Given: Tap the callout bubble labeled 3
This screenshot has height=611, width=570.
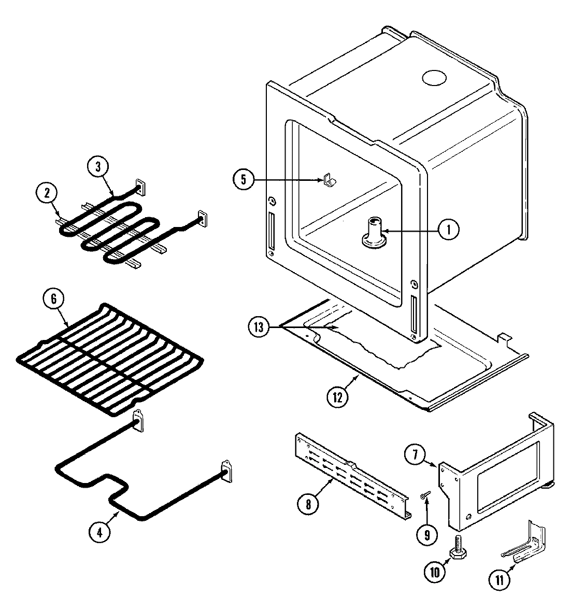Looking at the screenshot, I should click(98, 167).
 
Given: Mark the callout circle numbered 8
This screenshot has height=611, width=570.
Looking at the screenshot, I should click(309, 505).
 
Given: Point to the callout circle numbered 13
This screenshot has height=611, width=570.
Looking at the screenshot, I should click(260, 328).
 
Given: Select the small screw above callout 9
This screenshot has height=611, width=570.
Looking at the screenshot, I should click(426, 496).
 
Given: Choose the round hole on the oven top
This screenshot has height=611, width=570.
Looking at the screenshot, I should click(434, 77).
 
